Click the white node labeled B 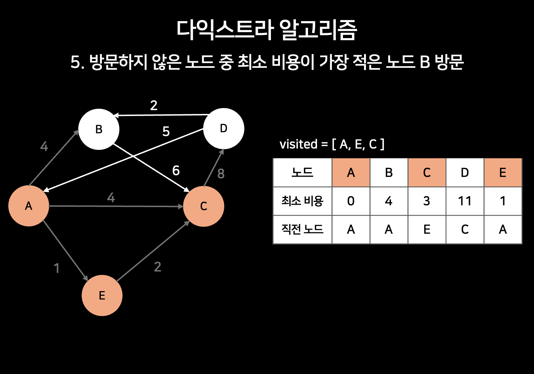click(x=99, y=130)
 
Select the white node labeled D click(x=224, y=128)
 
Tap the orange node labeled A click(x=29, y=206)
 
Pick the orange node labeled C click(x=203, y=206)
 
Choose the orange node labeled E click(x=102, y=295)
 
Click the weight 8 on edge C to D click(x=221, y=174)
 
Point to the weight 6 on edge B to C click(x=176, y=170)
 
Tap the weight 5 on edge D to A click(x=166, y=132)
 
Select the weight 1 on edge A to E click(x=57, y=268)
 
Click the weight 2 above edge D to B click(x=154, y=105)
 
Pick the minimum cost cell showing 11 click(x=465, y=201)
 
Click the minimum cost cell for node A click(x=351, y=201)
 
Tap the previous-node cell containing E click(x=427, y=230)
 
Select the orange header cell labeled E click(x=503, y=173)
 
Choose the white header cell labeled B click(x=389, y=173)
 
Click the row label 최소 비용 click(x=302, y=201)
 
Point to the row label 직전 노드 click(x=302, y=230)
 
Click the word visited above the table click(x=298, y=144)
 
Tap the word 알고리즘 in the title click(x=317, y=30)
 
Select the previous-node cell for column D click(x=465, y=230)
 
